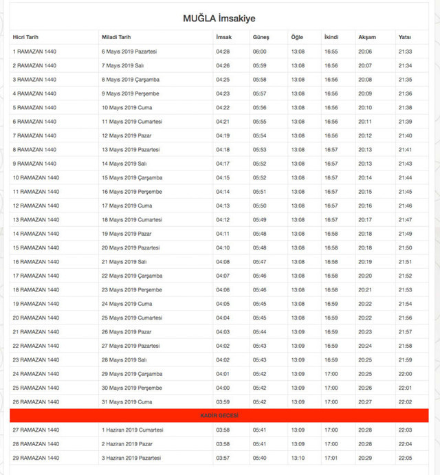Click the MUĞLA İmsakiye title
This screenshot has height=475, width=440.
tap(219, 18)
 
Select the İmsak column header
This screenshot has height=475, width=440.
tap(223, 37)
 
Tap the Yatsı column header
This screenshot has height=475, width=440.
tap(405, 37)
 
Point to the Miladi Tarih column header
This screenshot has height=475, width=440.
tap(116, 37)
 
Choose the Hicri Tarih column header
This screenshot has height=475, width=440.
tap(25, 37)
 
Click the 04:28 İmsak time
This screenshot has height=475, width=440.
tap(223, 52)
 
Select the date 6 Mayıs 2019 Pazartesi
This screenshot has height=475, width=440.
tap(130, 52)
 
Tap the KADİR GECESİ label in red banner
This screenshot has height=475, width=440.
tap(219, 416)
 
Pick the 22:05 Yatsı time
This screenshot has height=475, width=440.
tap(405, 458)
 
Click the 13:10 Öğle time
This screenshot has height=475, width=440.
tap(298, 458)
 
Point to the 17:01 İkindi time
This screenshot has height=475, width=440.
tap(331, 458)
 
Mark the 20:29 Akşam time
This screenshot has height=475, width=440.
tap(365, 458)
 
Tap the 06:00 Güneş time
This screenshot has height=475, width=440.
tap(260, 52)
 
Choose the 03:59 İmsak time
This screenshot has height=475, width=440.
tap(223, 401)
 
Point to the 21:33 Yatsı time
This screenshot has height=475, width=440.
tap(405, 52)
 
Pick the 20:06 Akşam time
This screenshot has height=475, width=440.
tap(365, 52)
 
